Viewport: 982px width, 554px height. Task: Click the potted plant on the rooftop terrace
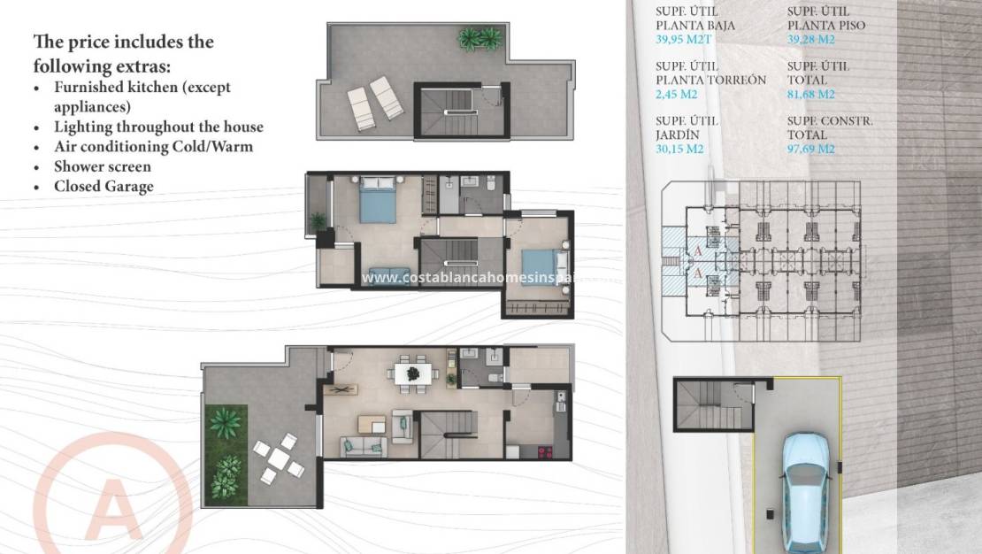pos(479,38)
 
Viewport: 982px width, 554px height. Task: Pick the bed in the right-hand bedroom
pos(541,263)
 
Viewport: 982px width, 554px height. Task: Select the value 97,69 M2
pos(811,150)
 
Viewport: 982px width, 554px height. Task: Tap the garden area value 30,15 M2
pos(680,150)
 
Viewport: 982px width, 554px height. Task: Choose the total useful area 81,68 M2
pos(811,95)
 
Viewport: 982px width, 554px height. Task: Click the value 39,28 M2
pos(811,40)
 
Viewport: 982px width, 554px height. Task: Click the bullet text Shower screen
pos(103,166)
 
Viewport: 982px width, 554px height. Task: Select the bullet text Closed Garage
pos(104,186)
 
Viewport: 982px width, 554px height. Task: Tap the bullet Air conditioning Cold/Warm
pos(153,146)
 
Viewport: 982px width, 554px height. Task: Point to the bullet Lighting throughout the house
pos(158,127)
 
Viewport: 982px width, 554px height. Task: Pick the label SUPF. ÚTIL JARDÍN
pos(687,127)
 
